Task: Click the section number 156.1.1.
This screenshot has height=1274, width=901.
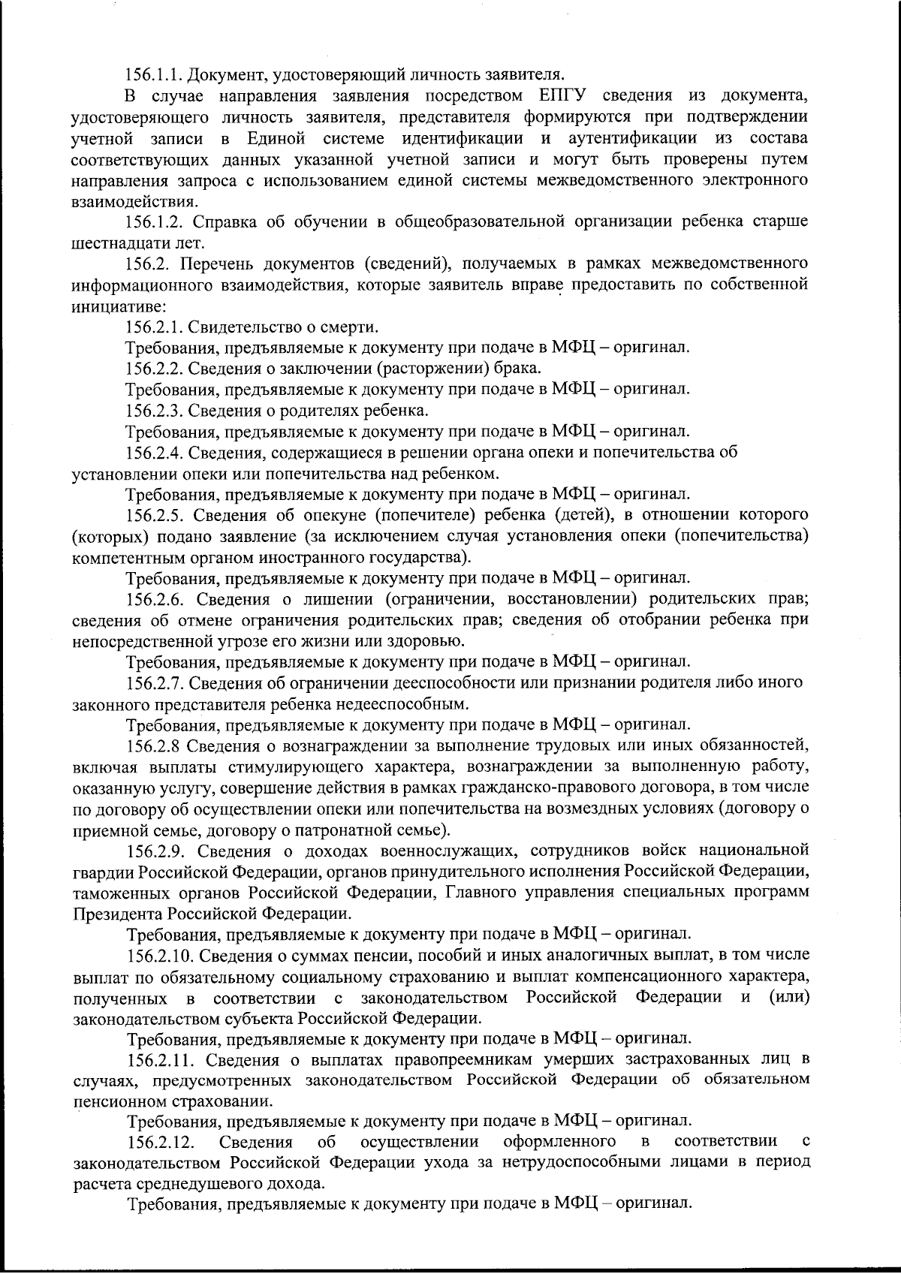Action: pos(154,75)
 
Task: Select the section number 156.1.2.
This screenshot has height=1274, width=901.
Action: pos(154,222)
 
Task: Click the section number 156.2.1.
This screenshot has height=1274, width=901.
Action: pos(154,327)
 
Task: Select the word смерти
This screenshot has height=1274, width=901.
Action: pos(354,327)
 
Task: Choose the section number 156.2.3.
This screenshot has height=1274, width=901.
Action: pos(154,411)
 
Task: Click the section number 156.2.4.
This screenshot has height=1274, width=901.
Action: pos(154,453)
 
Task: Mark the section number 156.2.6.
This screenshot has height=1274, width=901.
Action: pos(154,599)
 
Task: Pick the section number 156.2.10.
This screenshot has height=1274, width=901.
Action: pos(158,955)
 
